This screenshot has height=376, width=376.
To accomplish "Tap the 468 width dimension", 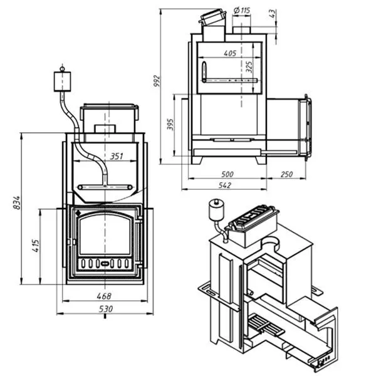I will click(x=105, y=296).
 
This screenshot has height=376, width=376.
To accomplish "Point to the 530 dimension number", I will click(x=105, y=309).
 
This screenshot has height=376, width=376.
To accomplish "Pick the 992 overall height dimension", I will click(x=157, y=81).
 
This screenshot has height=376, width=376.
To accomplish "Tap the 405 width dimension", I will click(x=229, y=55).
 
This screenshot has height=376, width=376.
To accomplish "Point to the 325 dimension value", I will click(x=249, y=66).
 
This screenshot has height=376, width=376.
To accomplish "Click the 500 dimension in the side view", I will click(x=227, y=174).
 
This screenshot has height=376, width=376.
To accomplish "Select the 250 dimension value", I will click(x=288, y=174).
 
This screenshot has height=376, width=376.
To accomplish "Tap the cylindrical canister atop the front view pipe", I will click(x=62, y=80).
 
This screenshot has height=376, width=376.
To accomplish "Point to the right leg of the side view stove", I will click(x=259, y=160).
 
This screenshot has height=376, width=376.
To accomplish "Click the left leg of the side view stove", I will click(x=196, y=160).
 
